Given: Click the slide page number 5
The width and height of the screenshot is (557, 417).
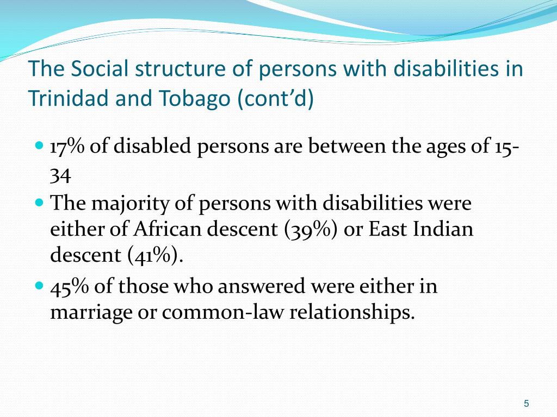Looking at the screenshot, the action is coord(527,403).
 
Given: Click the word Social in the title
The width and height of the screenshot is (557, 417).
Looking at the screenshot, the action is coord(100,68).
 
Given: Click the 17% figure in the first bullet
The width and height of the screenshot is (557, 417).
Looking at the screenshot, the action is coord(67,146).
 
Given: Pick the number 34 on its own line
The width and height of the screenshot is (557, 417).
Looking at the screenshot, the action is coord(60,175).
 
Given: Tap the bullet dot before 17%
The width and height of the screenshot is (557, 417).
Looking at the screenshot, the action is coord(39,146).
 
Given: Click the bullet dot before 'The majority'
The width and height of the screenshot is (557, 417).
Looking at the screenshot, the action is coord(39,203).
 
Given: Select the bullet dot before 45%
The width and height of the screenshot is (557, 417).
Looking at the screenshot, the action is coord(39,286).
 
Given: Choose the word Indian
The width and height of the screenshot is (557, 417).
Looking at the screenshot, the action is coord(443,229).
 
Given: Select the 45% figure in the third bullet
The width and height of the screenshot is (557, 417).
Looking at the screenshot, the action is coord(69,286).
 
